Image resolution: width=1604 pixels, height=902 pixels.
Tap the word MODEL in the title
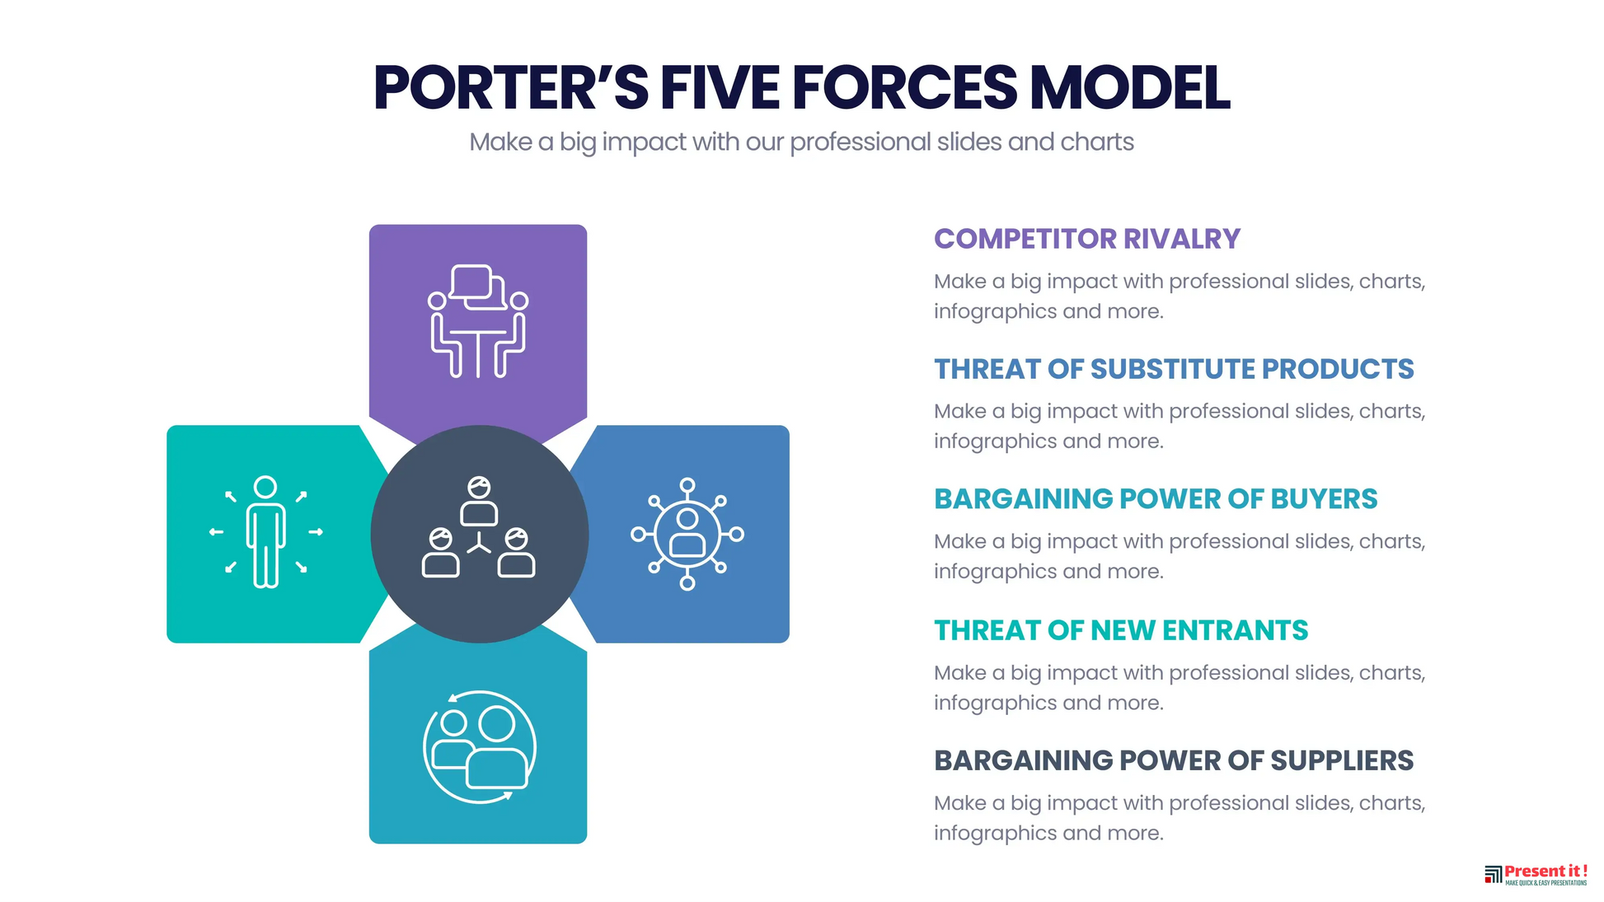(1130, 87)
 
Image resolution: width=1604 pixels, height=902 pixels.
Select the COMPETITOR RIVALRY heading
(1086, 239)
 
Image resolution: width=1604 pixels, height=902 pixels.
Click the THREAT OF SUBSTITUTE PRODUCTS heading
(1174, 369)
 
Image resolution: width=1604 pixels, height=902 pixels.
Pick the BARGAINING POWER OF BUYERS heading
(1156, 499)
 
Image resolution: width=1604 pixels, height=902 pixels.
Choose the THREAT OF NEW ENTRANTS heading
(1121, 630)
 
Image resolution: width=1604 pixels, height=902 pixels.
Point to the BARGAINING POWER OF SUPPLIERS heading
(1174, 760)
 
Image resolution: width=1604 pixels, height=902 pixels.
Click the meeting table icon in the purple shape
(478, 321)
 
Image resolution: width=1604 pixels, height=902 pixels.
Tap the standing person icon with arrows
(265, 532)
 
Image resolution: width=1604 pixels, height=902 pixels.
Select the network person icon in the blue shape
(687, 534)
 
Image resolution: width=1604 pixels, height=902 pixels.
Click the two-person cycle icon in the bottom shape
(479, 747)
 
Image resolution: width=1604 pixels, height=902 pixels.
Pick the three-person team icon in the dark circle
(479, 526)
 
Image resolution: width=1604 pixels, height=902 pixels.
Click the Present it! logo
(1536, 875)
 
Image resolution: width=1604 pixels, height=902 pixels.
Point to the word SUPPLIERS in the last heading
(1342, 760)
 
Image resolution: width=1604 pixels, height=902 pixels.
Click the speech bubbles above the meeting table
(478, 287)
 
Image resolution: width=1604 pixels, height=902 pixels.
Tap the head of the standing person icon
(265, 487)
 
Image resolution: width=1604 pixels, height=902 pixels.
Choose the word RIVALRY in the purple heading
(1181, 239)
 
